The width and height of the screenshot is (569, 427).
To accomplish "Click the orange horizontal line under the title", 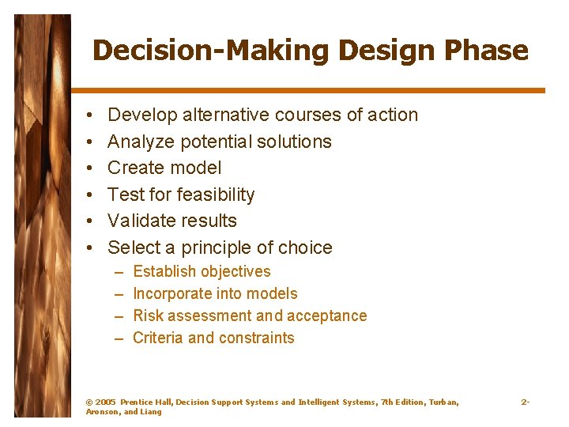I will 308,91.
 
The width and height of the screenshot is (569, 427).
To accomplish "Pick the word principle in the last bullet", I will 217,248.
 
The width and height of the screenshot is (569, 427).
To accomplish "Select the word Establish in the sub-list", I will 164,272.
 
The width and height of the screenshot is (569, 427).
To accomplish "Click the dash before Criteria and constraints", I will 119,338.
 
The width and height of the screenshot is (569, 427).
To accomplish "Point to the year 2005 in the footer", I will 106,402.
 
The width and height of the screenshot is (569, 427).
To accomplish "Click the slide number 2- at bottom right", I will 525,402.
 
